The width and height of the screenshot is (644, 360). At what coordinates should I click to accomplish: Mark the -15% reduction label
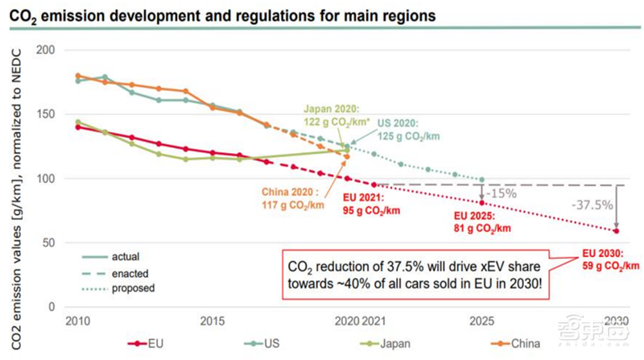(x=502, y=193)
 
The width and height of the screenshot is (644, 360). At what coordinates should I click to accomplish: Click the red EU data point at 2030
(x=616, y=231)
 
